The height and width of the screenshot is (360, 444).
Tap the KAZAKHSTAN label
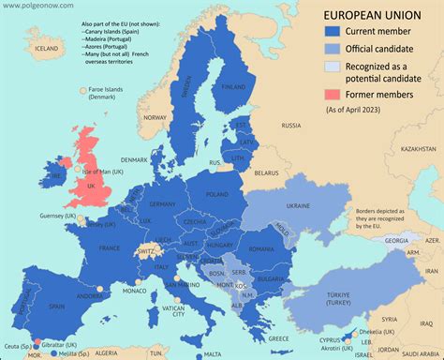click(418, 148)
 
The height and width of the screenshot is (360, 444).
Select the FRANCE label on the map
click(110, 247)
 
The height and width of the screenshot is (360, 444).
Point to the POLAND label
click(217, 194)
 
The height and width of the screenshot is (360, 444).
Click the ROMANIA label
click(261, 248)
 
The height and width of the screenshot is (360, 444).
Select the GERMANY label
click(162, 204)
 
